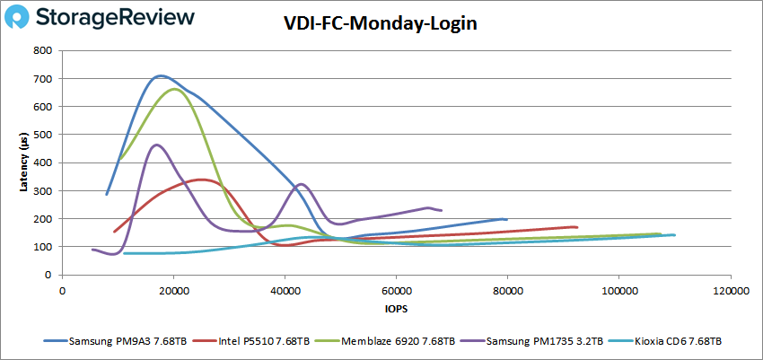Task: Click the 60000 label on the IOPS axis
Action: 396,291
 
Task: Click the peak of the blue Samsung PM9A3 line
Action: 160,76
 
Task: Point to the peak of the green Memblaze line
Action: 173,89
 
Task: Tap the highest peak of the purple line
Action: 157,145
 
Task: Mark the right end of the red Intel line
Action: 576,227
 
